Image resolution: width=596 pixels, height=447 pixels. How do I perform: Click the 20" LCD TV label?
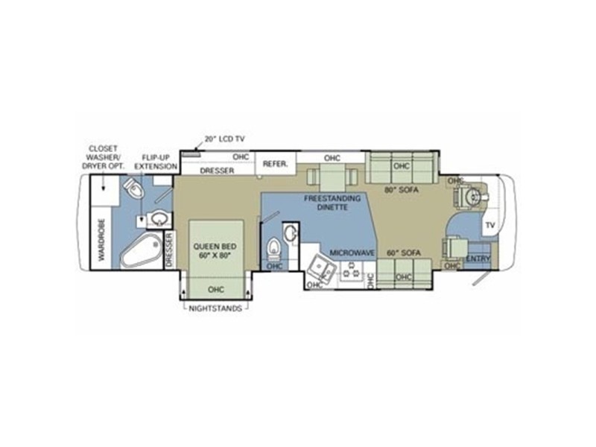pos(225,139)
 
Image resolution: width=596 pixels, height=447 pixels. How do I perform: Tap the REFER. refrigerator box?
pos(276,164)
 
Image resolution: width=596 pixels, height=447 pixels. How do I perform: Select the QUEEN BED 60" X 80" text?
pos(215,251)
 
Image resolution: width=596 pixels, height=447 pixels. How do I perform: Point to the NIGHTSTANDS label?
pos(215,308)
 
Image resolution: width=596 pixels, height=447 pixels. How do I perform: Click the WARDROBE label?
pos(102,239)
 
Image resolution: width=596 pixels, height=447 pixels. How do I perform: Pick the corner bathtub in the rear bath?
pos(140,251)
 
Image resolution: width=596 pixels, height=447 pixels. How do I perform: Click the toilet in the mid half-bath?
pos(273,248)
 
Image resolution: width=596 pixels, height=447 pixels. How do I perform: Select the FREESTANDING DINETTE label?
pos(332,203)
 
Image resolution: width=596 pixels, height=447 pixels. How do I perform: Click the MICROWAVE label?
pos(352,253)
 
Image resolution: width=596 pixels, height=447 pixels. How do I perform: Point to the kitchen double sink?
pos(322,267)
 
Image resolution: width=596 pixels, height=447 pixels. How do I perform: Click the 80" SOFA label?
pos(402,190)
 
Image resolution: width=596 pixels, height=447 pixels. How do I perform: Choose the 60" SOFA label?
pos(404,253)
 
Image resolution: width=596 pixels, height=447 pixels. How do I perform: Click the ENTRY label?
pos(478,259)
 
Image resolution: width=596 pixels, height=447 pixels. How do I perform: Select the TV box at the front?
pos(490,225)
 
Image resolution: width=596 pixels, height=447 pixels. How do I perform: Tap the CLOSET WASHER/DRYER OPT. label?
pos(103,157)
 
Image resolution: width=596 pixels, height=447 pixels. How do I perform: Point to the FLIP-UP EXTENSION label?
pos(156,162)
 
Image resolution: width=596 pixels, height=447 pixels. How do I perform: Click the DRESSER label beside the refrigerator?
pos(217,171)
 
